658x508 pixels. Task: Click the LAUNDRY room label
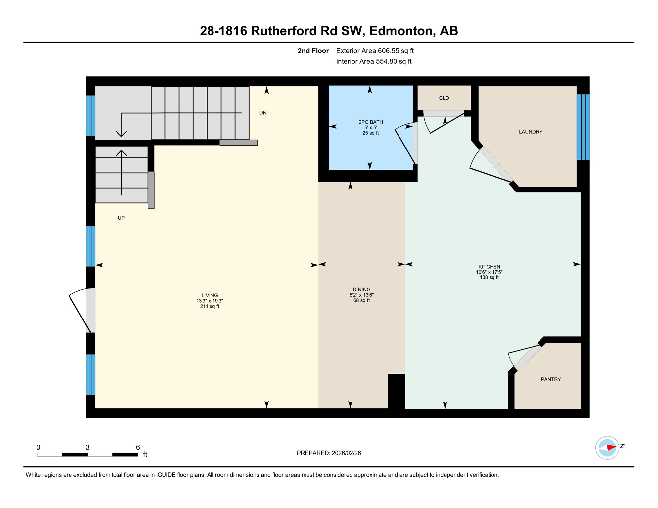click(530, 132)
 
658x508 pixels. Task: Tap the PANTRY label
click(550, 379)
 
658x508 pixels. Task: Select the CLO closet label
click(444, 98)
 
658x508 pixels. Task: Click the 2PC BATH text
click(370, 122)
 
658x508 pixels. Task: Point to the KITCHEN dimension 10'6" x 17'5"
click(489, 272)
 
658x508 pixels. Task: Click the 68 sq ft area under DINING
click(361, 300)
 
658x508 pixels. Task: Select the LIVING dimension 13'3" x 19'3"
click(210, 301)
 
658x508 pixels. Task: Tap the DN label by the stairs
click(263, 113)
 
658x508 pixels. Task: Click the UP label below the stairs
click(121, 218)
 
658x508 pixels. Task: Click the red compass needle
click(611, 447)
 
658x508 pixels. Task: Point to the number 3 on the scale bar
click(87, 447)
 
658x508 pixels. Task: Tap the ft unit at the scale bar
click(145, 454)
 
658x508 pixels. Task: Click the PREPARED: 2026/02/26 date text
click(328, 453)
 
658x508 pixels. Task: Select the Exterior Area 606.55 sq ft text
click(374, 51)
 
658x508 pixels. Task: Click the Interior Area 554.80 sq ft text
click(373, 61)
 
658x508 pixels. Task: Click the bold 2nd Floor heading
click(313, 51)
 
